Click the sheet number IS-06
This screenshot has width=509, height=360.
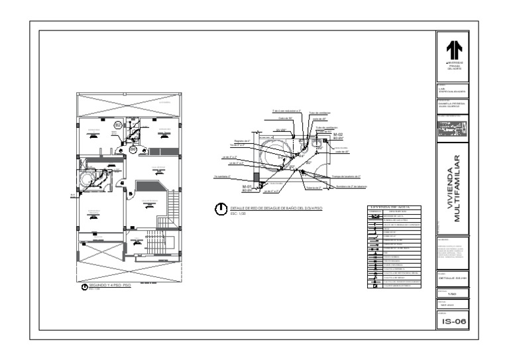452,321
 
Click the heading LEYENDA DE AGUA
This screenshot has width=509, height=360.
394,208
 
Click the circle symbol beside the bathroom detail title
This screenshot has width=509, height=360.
219,211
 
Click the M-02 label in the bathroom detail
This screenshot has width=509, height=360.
337,134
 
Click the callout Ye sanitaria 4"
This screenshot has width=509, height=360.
221,176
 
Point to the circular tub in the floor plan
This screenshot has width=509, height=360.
86,180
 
